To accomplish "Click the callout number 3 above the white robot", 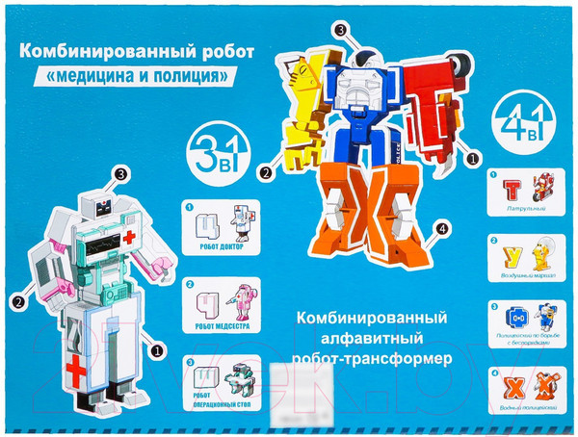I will pos(120,174).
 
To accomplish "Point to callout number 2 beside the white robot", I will pos(18,300).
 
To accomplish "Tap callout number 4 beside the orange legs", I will pos(440,229).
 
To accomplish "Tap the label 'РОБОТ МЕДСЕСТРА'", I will pos(221,324).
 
